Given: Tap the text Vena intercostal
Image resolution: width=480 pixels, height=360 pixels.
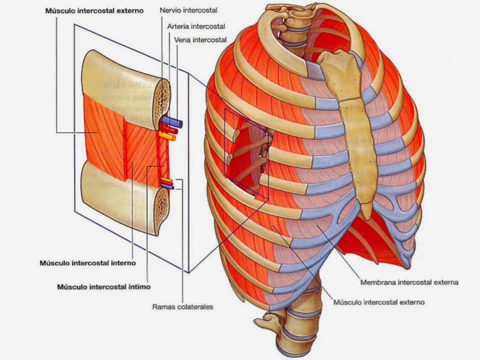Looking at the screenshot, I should [x=200, y=39].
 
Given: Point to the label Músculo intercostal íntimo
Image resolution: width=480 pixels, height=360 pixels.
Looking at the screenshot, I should [x=103, y=287].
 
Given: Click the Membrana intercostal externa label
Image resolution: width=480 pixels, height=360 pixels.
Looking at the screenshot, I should [x=409, y=282].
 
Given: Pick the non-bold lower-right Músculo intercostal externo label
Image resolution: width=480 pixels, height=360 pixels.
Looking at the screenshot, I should [x=378, y=302].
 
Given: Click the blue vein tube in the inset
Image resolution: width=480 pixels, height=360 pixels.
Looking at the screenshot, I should [x=173, y=121].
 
